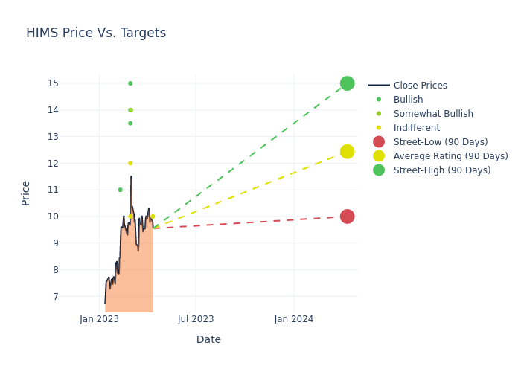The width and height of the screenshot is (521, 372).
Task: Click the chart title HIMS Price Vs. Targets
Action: [x=96, y=33]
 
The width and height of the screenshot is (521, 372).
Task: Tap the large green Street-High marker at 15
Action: [x=347, y=83]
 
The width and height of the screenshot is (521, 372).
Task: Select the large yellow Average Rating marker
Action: [x=347, y=152]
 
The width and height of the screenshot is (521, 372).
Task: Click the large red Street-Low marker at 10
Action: [x=347, y=217]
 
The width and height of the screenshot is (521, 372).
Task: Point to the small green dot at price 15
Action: [x=130, y=83]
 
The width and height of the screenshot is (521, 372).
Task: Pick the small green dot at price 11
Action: [x=120, y=190]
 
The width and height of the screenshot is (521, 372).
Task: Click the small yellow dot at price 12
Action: [x=130, y=164]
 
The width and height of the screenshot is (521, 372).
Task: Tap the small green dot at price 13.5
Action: [x=130, y=124]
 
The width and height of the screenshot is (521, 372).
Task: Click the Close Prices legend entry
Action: [x=420, y=86]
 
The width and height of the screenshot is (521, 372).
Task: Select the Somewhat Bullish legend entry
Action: [x=433, y=114]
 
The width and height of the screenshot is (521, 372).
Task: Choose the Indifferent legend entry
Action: [x=416, y=128]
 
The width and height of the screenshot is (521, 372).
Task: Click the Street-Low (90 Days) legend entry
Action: [x=441, y=142]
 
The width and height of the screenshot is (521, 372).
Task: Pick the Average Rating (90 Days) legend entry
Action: [x=450, y=156]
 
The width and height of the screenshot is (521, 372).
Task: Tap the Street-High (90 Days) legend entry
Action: [x=442, y=170]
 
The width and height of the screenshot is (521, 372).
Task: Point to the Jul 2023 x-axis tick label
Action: [x=196, y=319]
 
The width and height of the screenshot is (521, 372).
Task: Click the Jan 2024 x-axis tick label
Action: [x=294, y=319]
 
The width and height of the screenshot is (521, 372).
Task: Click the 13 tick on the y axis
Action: [x=53, y=137]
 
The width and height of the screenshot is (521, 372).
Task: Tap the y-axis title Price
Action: [x=26, y=193]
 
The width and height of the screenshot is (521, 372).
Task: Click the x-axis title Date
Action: [x=208, y=340]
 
